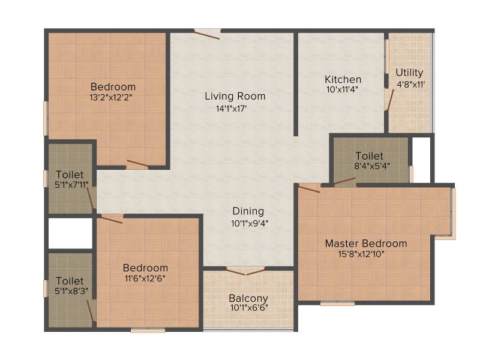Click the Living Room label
[x=235, y=96]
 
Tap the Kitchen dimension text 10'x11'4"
[x=342, y=89]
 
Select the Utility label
[x=409, y=73]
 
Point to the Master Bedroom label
[x=366, y=244]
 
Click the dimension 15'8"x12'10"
[x=361, y=254]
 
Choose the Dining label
[x=248, y=211]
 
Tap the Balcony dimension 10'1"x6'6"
[x=249, y=308]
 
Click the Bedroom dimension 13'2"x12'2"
[x=111, y=97]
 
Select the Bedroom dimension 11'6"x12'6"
[x=145, y=279]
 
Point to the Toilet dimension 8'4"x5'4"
[x=372, y=166]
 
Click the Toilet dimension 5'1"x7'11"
[x=71, y=185]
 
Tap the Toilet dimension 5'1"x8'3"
[x=71, y=291]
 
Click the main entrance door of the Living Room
[x=207, y=34]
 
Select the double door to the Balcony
[x=246, y=272]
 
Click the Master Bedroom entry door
[x=309, y=188]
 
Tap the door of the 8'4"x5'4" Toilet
[x=344, y=182]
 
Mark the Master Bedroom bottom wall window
[x=337, y=304]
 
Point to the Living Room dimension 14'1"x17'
[x=232, y=109]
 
